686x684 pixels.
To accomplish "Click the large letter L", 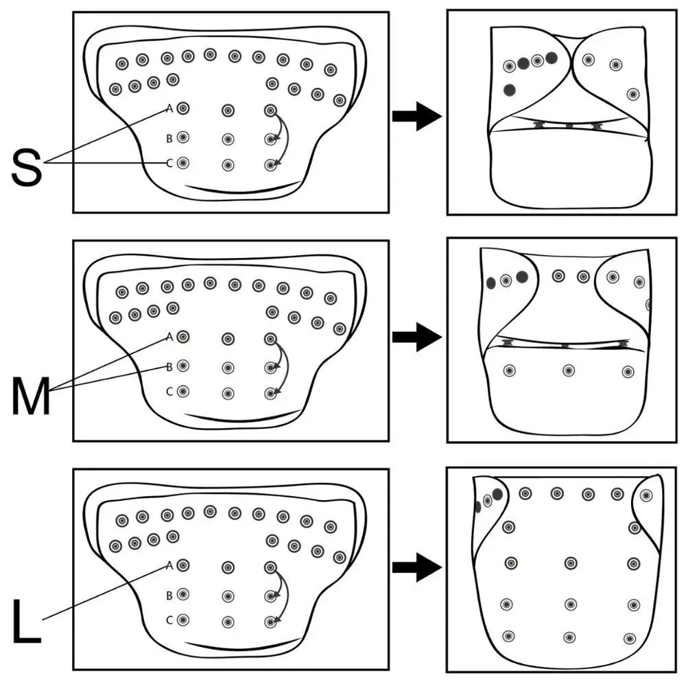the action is [26, 622].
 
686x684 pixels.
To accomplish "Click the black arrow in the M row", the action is [416, 337].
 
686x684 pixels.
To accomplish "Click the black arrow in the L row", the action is [416, 567].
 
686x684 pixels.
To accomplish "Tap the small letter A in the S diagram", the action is [169, 108].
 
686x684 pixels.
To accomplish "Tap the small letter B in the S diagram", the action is [169, 138].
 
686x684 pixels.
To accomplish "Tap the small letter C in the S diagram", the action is [169, 163].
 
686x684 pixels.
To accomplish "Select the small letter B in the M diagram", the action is [169, 366].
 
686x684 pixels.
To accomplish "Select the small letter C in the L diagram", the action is [169, 620].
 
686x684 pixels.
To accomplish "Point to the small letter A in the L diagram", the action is [169, 566].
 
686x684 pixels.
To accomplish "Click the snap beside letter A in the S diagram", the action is [183, 108].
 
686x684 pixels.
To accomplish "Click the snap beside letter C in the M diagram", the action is [183, 392].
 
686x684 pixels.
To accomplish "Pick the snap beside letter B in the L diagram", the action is [183, 594].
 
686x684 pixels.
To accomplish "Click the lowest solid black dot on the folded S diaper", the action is [510, 90].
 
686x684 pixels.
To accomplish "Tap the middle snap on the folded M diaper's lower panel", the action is [569, 370].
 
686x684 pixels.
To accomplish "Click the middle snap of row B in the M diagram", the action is [228, 367].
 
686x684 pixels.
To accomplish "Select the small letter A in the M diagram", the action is [169, 337].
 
